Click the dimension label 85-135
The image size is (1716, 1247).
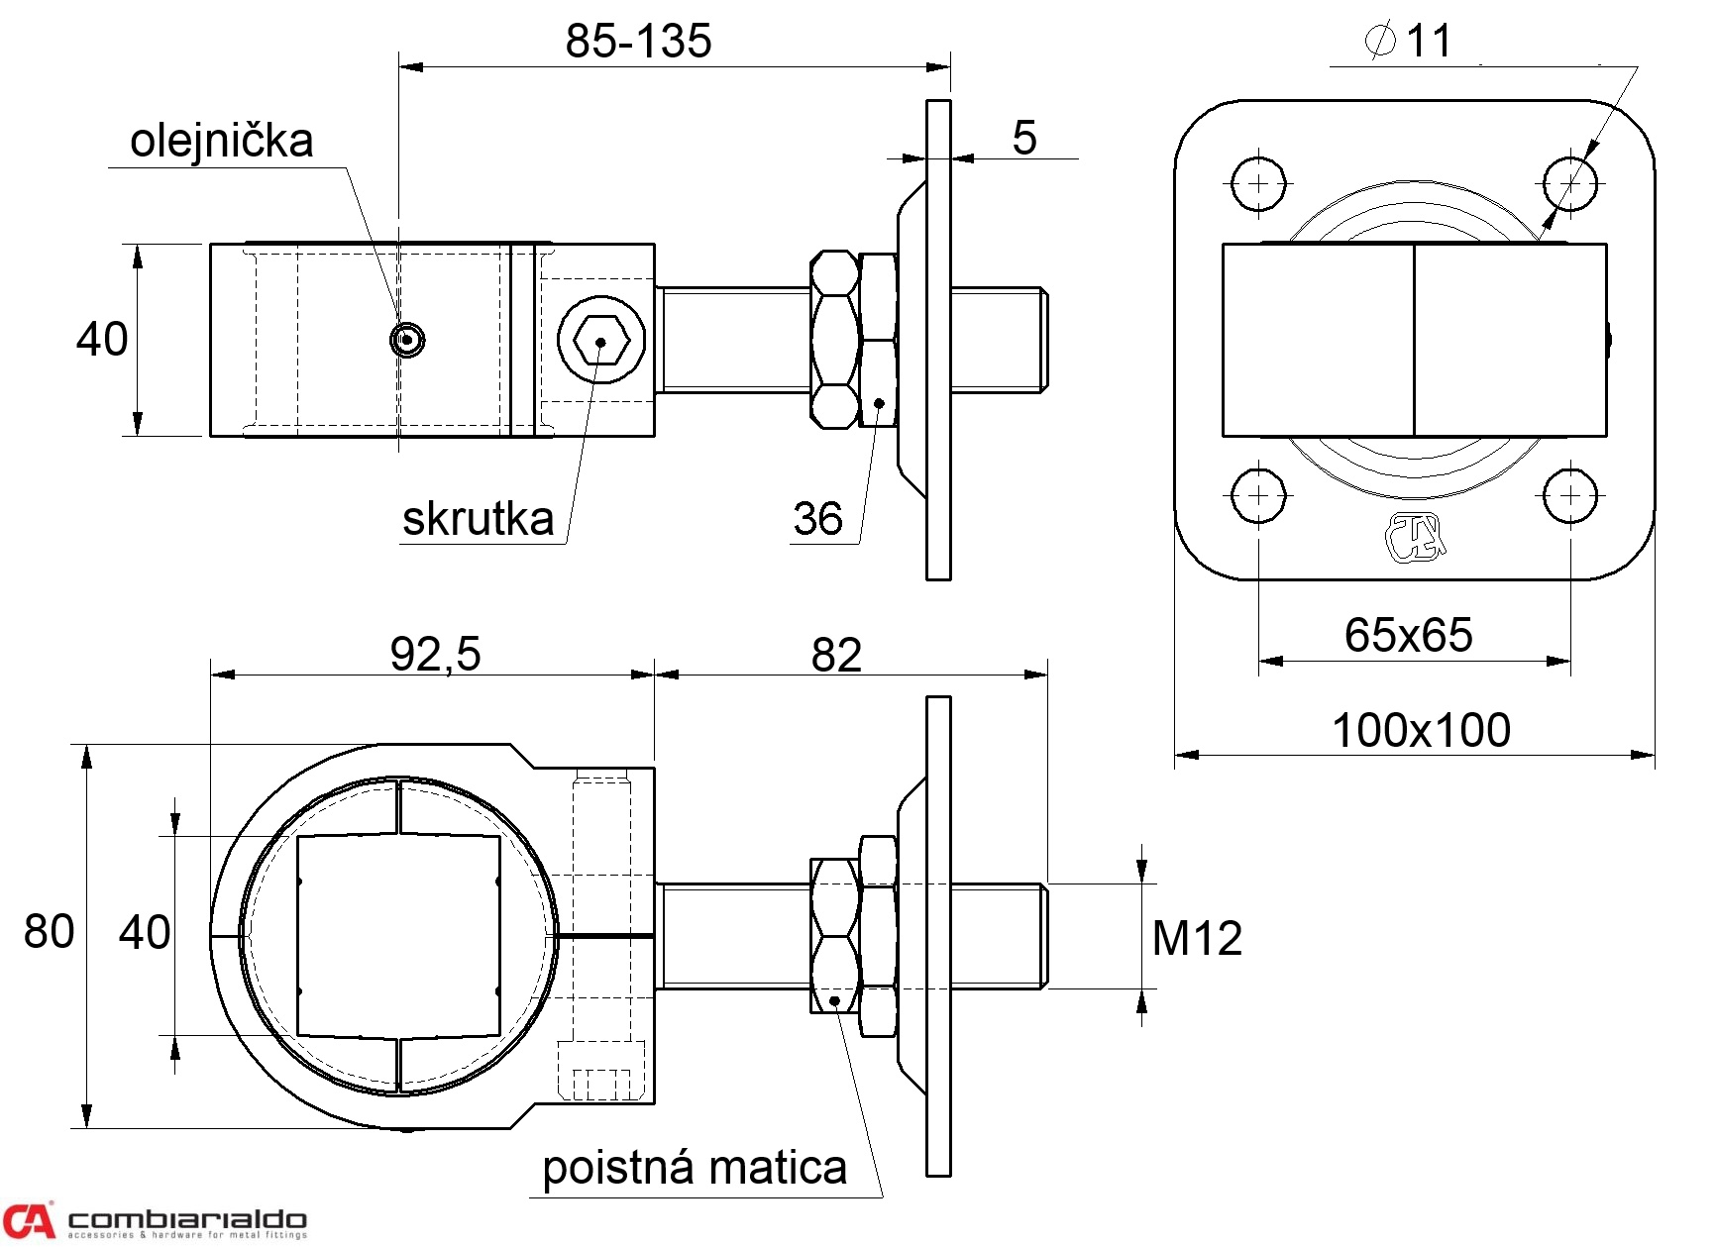click(638, 42)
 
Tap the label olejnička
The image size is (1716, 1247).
click(222, 141)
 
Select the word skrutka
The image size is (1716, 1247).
click(478, 519)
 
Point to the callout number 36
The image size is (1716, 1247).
click(817, 519)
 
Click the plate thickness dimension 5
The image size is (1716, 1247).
click(1024, 138)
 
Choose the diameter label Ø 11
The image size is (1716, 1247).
click(1408, 41)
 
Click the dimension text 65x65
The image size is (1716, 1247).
click(1408, 635)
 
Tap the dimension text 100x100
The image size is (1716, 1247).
click(1421, 730)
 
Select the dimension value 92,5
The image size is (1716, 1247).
click(435, 654)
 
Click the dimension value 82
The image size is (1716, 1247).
click(836, 655)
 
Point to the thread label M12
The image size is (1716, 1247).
click(1197, 938)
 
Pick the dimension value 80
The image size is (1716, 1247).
click(49, 932)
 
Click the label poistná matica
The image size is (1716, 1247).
click(695, 1168)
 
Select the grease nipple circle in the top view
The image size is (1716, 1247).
click(406, 340)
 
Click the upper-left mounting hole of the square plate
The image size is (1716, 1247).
click(1258, 183)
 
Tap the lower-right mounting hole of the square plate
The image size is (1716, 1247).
click(1570, 495)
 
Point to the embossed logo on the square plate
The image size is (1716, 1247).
click(1415, 538)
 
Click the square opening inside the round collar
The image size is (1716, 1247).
click(398, 936)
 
